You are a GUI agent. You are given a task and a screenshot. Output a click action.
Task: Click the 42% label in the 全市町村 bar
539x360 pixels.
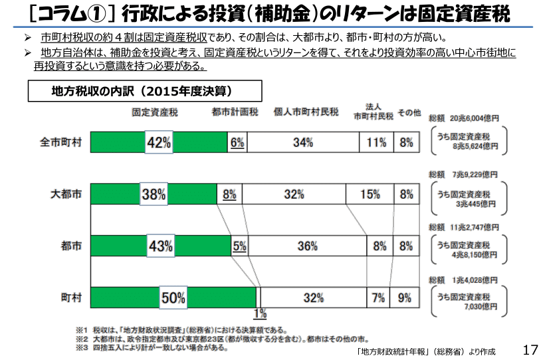pyautogui.click(x=159, y=141)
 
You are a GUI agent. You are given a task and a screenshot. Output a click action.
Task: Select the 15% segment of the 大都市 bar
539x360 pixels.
pyautogui.click(x=370, y=194)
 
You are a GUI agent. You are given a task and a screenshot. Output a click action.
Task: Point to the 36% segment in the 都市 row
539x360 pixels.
pyautogui.click(x=306, y=246)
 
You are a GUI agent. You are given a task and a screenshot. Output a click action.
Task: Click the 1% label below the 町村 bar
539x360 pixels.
pyautogui.click(x=260, y=313)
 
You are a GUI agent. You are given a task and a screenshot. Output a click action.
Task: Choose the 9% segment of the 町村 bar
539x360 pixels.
pyautogui.click(x=404, y=298)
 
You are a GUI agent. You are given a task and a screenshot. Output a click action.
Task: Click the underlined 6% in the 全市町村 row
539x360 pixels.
pyautogui.click(x=237, y=141)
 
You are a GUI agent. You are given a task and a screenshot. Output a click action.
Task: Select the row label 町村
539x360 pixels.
pyautogui.click(x=71, y=298)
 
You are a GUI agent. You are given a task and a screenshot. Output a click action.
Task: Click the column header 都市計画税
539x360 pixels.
pyautogui.click(x=235, y=112)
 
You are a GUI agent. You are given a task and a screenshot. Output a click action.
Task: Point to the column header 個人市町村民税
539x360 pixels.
pyautogui.click(x=306, y=112)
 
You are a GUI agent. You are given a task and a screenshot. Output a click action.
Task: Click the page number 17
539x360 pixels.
pyautogui.click(x=529, y=349)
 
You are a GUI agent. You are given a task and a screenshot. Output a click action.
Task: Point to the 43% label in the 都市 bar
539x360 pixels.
pyautogui.click(x=160, y=246)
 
